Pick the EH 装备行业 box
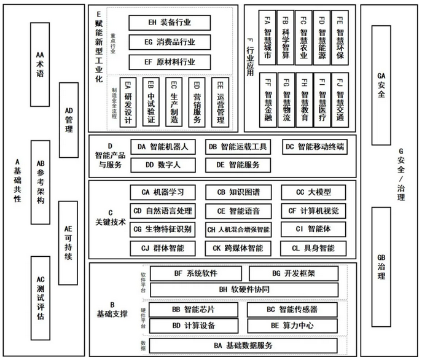tap(170, 22)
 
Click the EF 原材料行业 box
tap(170, 61)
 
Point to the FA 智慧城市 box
tap(267, 37)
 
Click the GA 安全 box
tap(381, 85)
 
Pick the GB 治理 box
tap(381, 266)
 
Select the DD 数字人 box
tap(162, 165)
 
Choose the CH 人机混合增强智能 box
tap(238, 230)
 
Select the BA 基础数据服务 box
tap(244, 346)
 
